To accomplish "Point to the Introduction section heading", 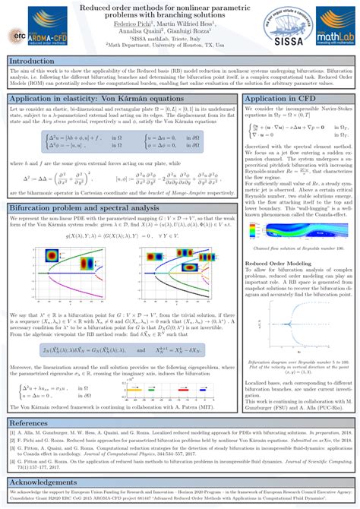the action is [37, 61].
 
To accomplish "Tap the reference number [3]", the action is [13, 448].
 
